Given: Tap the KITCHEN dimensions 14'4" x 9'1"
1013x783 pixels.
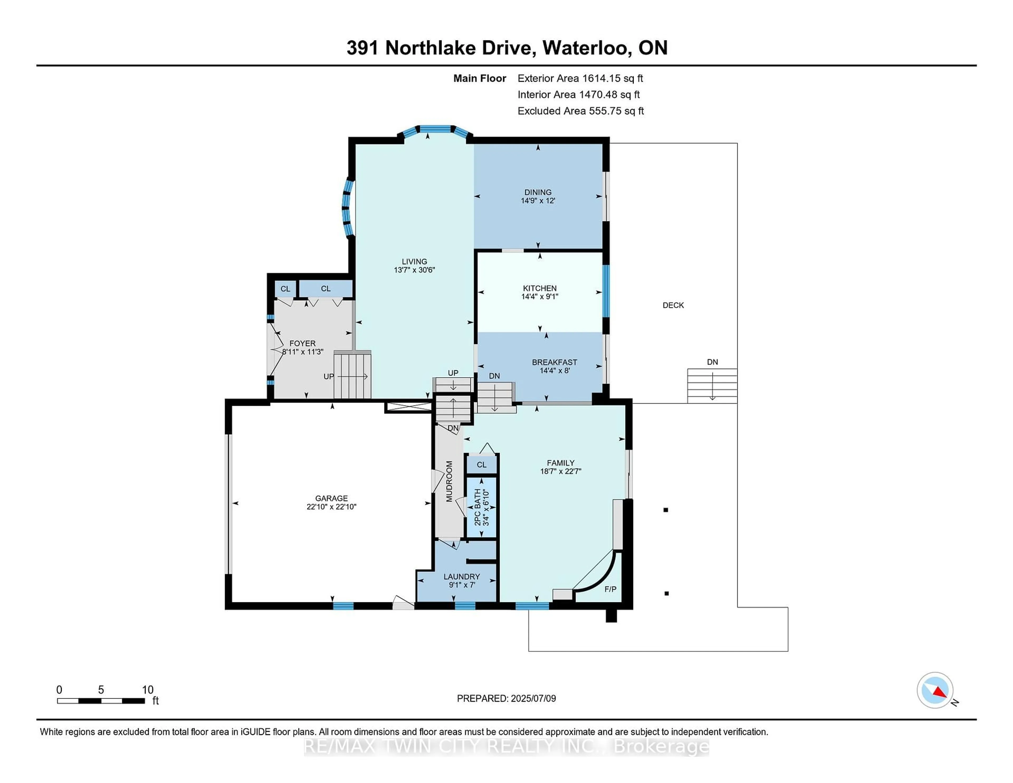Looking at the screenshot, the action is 539,297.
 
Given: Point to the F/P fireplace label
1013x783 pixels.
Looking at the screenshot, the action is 610,589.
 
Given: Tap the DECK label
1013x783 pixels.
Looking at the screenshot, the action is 673,305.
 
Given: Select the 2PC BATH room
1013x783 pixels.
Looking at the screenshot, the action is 481,507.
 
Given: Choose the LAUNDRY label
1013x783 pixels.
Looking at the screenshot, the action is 461,577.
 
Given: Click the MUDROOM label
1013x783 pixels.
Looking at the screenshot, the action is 449,481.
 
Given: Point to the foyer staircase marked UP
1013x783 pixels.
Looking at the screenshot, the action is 352,376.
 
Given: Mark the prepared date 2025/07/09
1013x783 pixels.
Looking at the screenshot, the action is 533,699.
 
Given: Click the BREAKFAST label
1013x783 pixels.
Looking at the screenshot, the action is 554,362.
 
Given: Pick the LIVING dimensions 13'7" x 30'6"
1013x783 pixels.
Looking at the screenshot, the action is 414,270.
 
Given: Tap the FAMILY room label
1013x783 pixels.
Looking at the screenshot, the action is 560,463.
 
